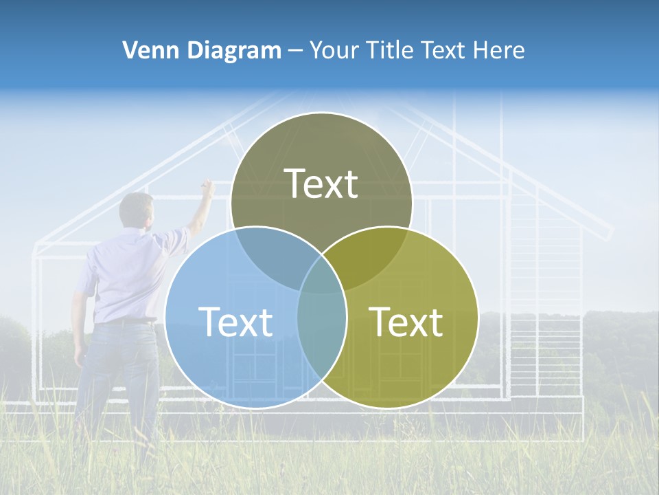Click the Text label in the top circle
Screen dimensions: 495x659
click(321, 184)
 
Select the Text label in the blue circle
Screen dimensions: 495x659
click(235, 322)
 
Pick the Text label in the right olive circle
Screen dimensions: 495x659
click(406, 322)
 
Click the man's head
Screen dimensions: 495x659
click(137, 210)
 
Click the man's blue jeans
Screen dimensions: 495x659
click(117, 371)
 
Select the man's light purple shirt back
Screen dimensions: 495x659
click(127, 275)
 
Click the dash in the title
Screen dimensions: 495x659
click(295, 50)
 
